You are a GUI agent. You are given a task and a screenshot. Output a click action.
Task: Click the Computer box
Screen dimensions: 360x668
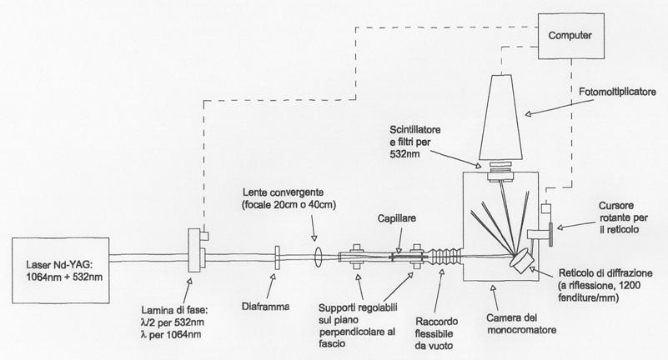click(570, 35)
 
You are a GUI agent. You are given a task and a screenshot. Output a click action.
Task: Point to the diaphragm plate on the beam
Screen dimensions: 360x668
click(276, 253)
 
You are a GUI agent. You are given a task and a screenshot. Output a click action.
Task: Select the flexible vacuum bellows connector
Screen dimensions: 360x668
click(443, 253)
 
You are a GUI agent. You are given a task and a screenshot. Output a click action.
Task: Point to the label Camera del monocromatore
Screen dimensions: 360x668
click(509, 318)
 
